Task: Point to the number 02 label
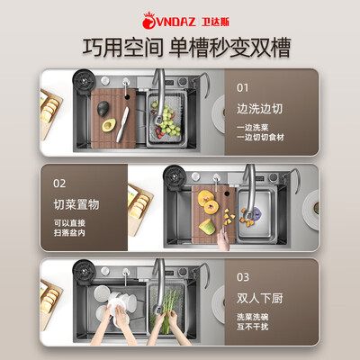point(59,183)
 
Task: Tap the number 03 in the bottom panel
point(244,278)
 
